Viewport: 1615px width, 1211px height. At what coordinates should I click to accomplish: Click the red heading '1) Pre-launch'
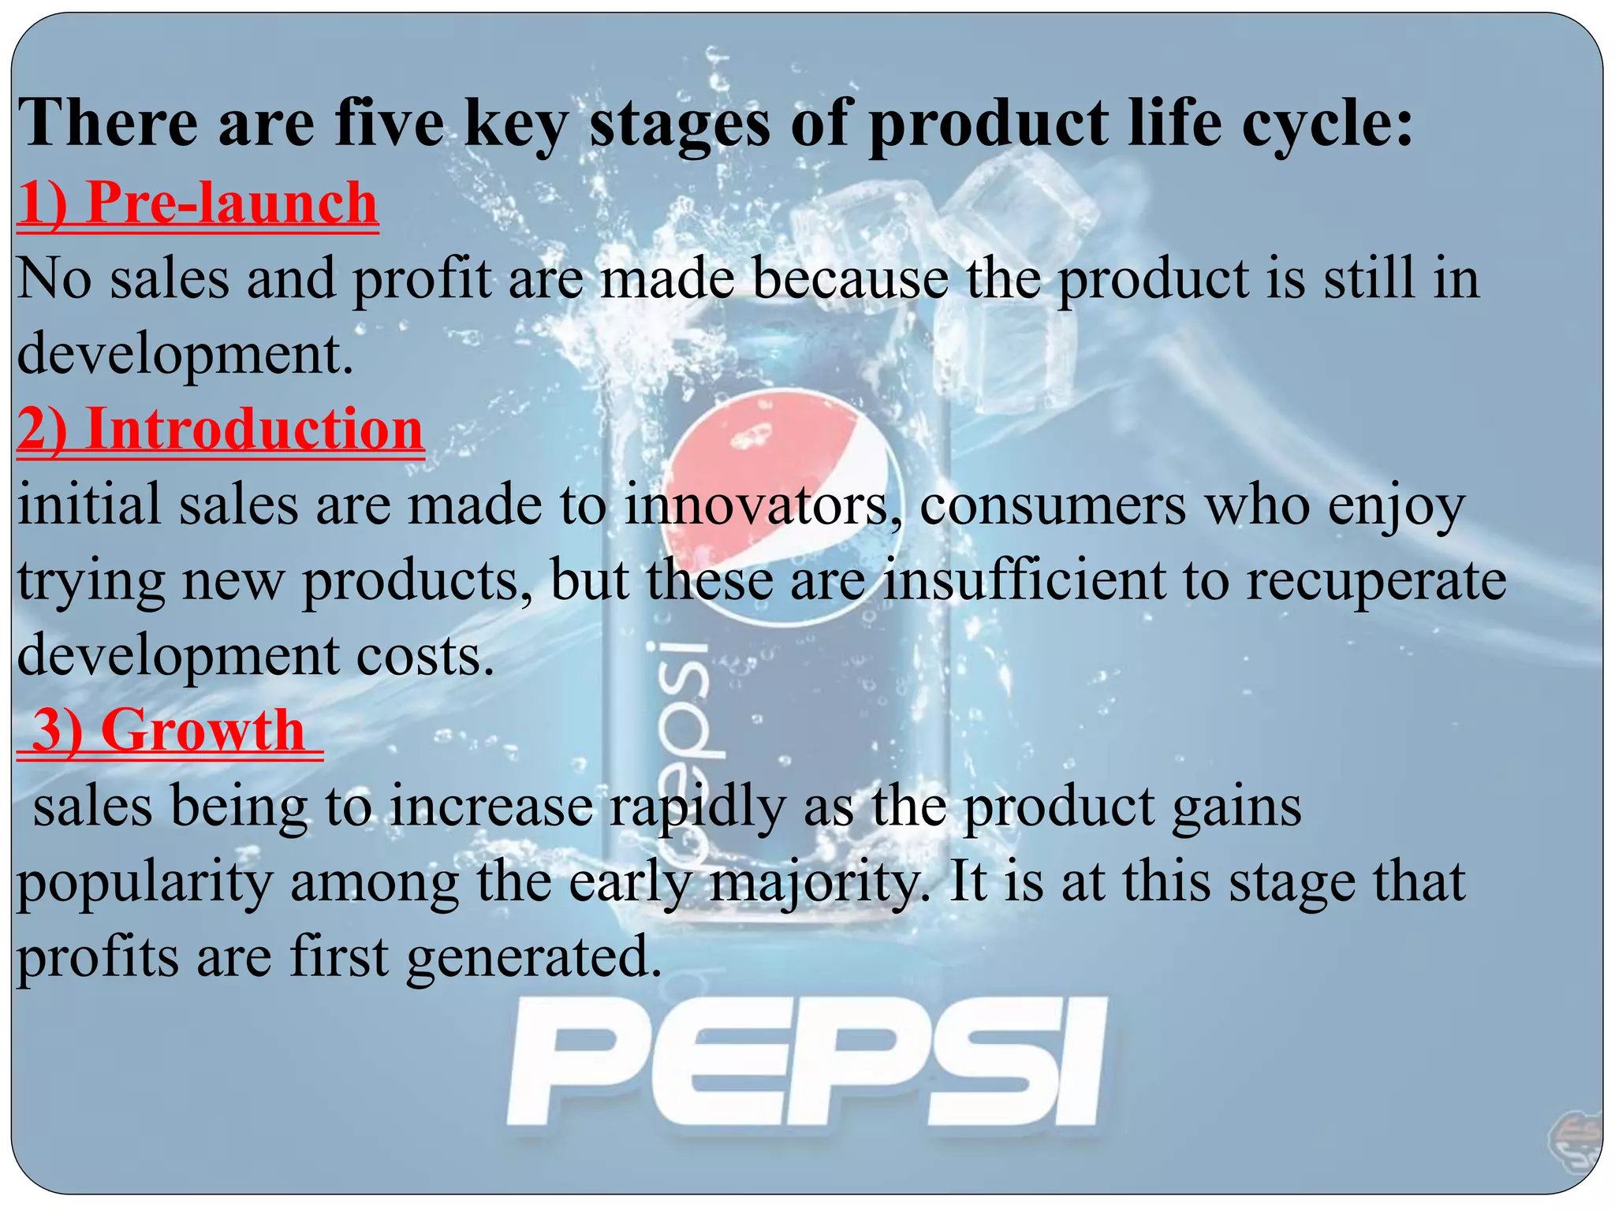pyautogui.click(x=197, y=203)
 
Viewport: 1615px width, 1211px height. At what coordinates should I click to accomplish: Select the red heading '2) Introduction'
pyautogui.click(x=220, y=430)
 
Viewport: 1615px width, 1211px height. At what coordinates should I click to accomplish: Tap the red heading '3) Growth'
pyautogui.click(x=169, y=731)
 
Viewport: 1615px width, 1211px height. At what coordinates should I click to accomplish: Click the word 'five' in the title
pyautogui.click(x=388, y=124)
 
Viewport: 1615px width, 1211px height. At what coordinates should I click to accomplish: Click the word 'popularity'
pyautogui.click(x=144, y=883)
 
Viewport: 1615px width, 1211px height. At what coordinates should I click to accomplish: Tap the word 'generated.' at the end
pyautogui.click(x=534, y=958)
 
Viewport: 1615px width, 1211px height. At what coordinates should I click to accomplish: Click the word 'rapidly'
pyautogui.click(x=698, y=807)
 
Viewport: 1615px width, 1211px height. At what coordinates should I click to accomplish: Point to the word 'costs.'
pyautogui.click(x=425, y=656)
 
